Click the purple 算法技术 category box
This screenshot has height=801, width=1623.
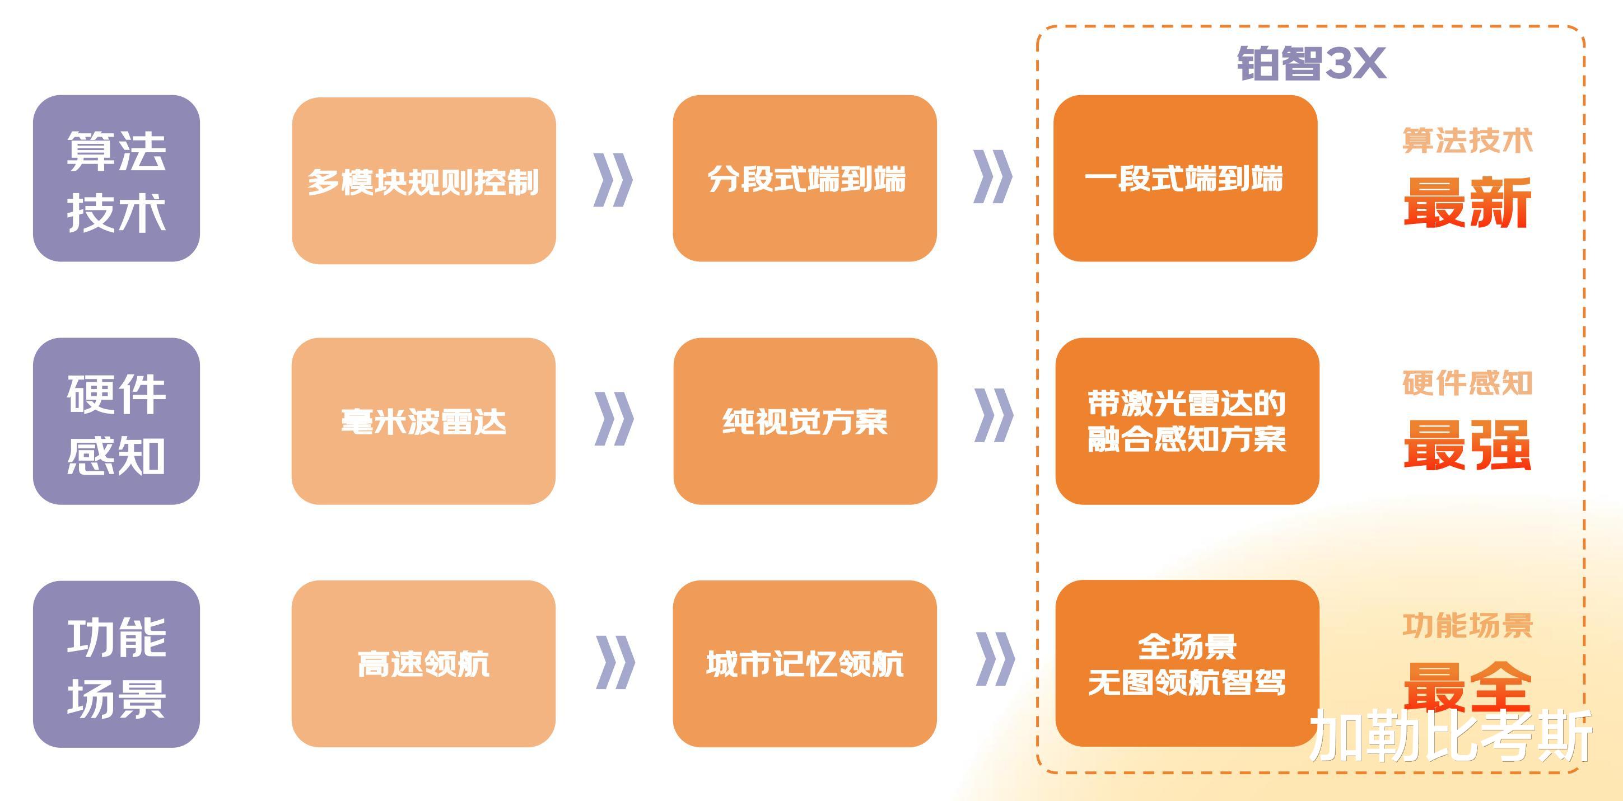pyautogui.click(x=116, y=178)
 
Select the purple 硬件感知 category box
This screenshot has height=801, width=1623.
pyautogui.click(x=116, y=421)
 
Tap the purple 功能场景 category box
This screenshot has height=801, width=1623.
pyautogui.click(x=116, y=664)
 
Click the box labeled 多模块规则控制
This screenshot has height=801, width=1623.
pyautogui.click(x=423, y=181)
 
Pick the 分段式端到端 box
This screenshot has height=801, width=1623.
pyautogui.click(x=805, y=178)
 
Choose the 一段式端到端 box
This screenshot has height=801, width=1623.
pyautogui.click(x=1185, y=178)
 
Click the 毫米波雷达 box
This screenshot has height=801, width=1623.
pyautogui.click(x=423, y=421)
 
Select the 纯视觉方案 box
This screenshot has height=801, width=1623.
pyautogui.click(x=805, y=421)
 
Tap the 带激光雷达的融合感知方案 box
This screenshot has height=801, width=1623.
pyautogui.click(x=1187, y=421)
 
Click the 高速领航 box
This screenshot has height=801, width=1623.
pyautogui.click(x=423, y=664)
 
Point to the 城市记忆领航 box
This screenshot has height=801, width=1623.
pyautogui.click(x=805, y=664)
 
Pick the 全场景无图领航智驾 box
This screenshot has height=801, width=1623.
pyautogui.click(x=1187, y=664)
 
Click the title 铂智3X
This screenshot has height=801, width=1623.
pyautogui.click(x=1310, y=64)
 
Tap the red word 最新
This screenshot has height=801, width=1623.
pyautogui.click(x=1467, y=202)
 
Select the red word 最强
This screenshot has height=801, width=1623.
pyautogui.click(x=1467, y=445)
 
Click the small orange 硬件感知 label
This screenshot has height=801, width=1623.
pyautogui.click(x=1467, y=383)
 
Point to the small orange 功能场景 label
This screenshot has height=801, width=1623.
pyautogui.click(x=1467, y=625)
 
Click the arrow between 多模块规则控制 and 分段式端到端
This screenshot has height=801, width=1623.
pyautogui.click(x=613, y=180)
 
